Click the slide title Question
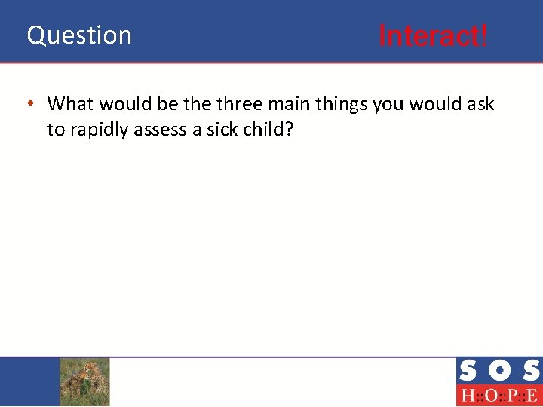pyautogui.click(x=79, y=35)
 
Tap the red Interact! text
pyautogui.click(x=433, y=35)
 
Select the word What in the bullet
pyautogui.click(x=72, y=103)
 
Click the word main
pyautogui.click(x=289, y=103)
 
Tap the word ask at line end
pyautogui.click(x=480, y=103)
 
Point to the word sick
pyautogui.click(x=222, y=130)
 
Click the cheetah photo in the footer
pyautogui.click(x=84, y=381)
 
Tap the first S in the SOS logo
pyautogui.click(x=468, y=371)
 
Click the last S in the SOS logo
pyautogui.click(x=530, y=371)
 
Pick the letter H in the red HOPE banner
pyautogui.click(x=467, y=396)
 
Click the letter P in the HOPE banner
pyautogui.click(x=511, y=396)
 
